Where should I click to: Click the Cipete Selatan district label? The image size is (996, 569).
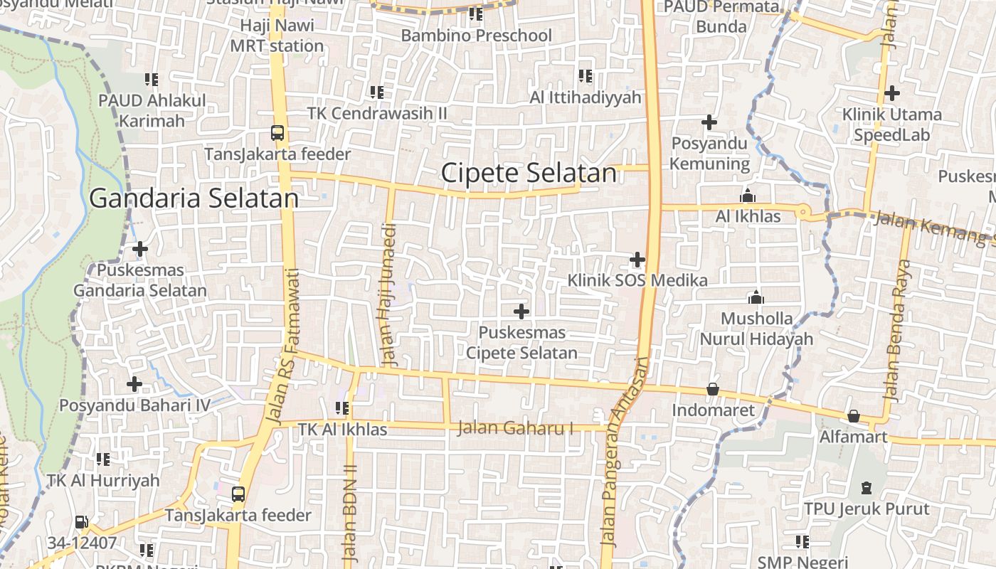[x=529, y=173]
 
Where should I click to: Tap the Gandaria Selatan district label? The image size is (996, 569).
[x=194, y=198]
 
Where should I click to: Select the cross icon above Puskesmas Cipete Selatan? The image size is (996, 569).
[x=521, y=311]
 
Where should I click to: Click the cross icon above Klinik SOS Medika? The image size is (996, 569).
[x=637, y=259]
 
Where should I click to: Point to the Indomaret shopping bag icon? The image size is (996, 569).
[x=713, y=389]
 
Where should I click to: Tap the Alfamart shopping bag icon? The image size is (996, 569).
[x=853, y=415]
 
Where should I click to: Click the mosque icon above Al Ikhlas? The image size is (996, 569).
[x=748, y=196]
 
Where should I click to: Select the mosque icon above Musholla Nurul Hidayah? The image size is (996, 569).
[x=756, y=297]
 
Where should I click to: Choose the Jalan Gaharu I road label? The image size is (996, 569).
[x=515, y=428]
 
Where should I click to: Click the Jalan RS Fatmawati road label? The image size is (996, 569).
[x=283, y=347]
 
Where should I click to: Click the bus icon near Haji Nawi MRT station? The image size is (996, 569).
[x=277, y=132]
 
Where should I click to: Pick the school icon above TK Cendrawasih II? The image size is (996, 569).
[x=377, y=92]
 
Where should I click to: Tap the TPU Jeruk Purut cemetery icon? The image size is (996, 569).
[x=867, y=488]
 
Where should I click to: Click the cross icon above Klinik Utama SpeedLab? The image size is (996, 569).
[x=891, y=92]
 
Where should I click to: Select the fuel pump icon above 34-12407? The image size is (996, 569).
[x=82, y=523]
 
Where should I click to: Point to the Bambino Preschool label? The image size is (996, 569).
[x=476, y=35]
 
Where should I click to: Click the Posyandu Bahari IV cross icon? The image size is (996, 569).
[x=134, y=384]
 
